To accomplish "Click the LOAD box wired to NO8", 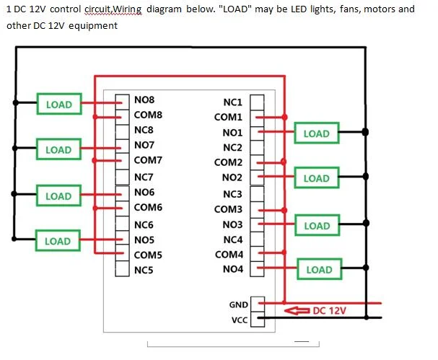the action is point(59,104).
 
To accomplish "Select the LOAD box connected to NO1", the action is point(317,133).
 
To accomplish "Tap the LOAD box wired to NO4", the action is point(319,269).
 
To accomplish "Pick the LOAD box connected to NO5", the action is point(58,241).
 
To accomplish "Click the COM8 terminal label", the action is point(148,115).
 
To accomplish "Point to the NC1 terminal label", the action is point(232,102).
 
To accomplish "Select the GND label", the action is point(239,304).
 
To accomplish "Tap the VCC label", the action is point(240,320).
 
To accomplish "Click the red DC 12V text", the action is point(330,310).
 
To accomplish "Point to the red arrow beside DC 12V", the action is point(297,310).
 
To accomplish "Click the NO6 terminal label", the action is point(144,192).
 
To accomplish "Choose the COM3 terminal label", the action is point(228,209).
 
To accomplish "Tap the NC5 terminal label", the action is point(144,270).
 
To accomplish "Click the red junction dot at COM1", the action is point(284,118).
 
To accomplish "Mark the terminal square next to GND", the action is point(258,304).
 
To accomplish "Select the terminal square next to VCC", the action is point(258,319).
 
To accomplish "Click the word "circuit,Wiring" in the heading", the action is point(113,9).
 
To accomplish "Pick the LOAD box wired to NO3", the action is point(317,225).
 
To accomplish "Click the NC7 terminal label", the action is point(144,177).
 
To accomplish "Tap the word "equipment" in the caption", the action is point(93,26).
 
